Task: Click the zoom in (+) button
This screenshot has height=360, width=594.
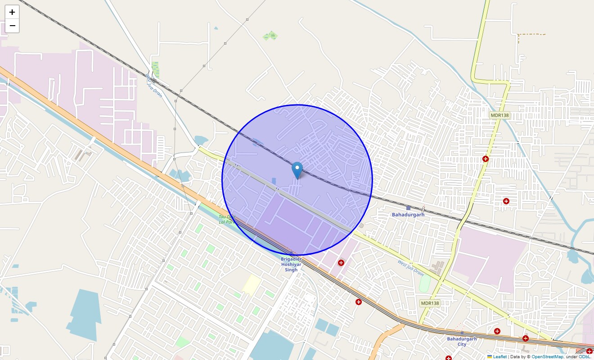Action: tap(12, 12)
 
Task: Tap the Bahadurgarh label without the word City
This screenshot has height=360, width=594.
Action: tap(408, 215)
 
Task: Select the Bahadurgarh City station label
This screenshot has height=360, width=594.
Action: tap(462, 342)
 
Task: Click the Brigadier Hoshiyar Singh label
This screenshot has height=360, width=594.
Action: tap(291, 264)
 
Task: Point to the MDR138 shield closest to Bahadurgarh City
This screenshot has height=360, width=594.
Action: tap(430, 303)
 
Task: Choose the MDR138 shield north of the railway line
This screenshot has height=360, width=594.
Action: tap(499, 115)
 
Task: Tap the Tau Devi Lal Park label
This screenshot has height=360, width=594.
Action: tap(226, 219)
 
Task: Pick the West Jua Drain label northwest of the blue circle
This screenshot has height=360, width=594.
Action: tap(154, 84)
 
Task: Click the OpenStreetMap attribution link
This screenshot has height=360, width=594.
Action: tap(547, 356)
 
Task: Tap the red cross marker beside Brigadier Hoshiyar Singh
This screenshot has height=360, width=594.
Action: tap(341, 263)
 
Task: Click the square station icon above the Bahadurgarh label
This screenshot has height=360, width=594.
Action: tap(408, 208)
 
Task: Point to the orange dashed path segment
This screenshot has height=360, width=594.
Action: tap(531, 34)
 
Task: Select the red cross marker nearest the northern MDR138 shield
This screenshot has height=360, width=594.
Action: tap(485, 159)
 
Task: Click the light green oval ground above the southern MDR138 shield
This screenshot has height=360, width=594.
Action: tap(424, 283)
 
